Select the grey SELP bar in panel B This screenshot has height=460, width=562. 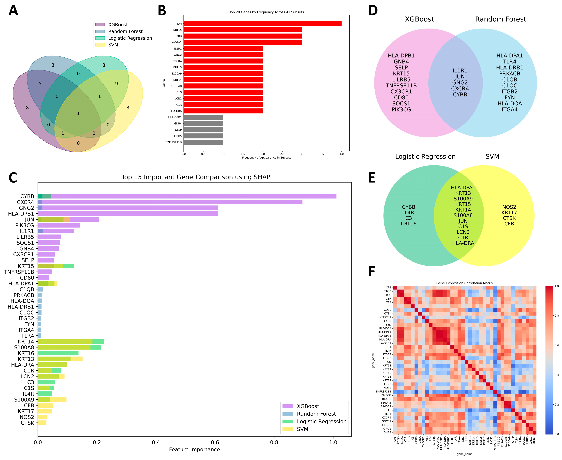pyautogui.click(x=203, y=130)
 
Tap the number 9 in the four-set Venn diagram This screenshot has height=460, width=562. pyautogui.click(x=116, y=83)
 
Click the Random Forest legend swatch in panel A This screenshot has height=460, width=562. pyautogui.click(x=100, y=31)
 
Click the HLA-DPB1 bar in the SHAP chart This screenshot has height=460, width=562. pyautogui.click(x=128, y=214)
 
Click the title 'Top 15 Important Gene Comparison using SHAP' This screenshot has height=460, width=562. pyautogui.click(x=196, y=177)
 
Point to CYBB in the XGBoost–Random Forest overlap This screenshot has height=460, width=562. pyautogui.click(x=460, y=95)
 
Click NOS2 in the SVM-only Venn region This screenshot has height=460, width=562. pyautogui.click(x=509, y=207)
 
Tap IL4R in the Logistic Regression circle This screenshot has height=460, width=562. pyautogui.click(x=408, y=213)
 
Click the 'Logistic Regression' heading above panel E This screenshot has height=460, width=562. pyautogui.click(x=425, y=157)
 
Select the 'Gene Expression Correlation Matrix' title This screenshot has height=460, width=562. pyautogui.click(x=464, y=283)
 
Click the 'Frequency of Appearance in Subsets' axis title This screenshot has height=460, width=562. pyautogui.click(x=266, y=158)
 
